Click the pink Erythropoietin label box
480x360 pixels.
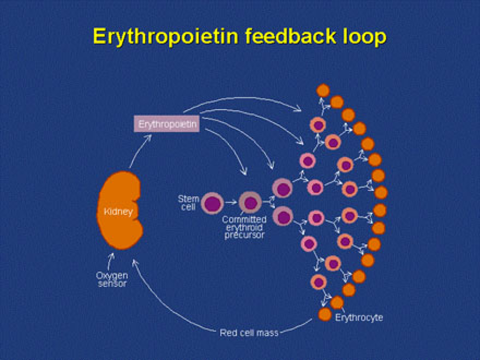[x=167, y=124]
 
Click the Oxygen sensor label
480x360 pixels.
[x=112, y=279]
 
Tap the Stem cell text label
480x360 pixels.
[x=188, y=202]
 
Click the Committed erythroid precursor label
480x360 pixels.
[x=244, y=227]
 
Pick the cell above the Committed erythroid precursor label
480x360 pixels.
[x=250, y=203]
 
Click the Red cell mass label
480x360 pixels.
[x=249, y=333]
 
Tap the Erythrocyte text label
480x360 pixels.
[x=359, y=318]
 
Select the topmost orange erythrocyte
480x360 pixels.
[x=323, y=90]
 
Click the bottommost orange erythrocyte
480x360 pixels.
[x=325, y=314]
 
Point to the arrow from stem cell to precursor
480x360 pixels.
[x=231, y=203]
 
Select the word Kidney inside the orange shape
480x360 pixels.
[x=118, y=212]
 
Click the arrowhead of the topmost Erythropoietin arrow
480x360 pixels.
[x=298, y=109]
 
